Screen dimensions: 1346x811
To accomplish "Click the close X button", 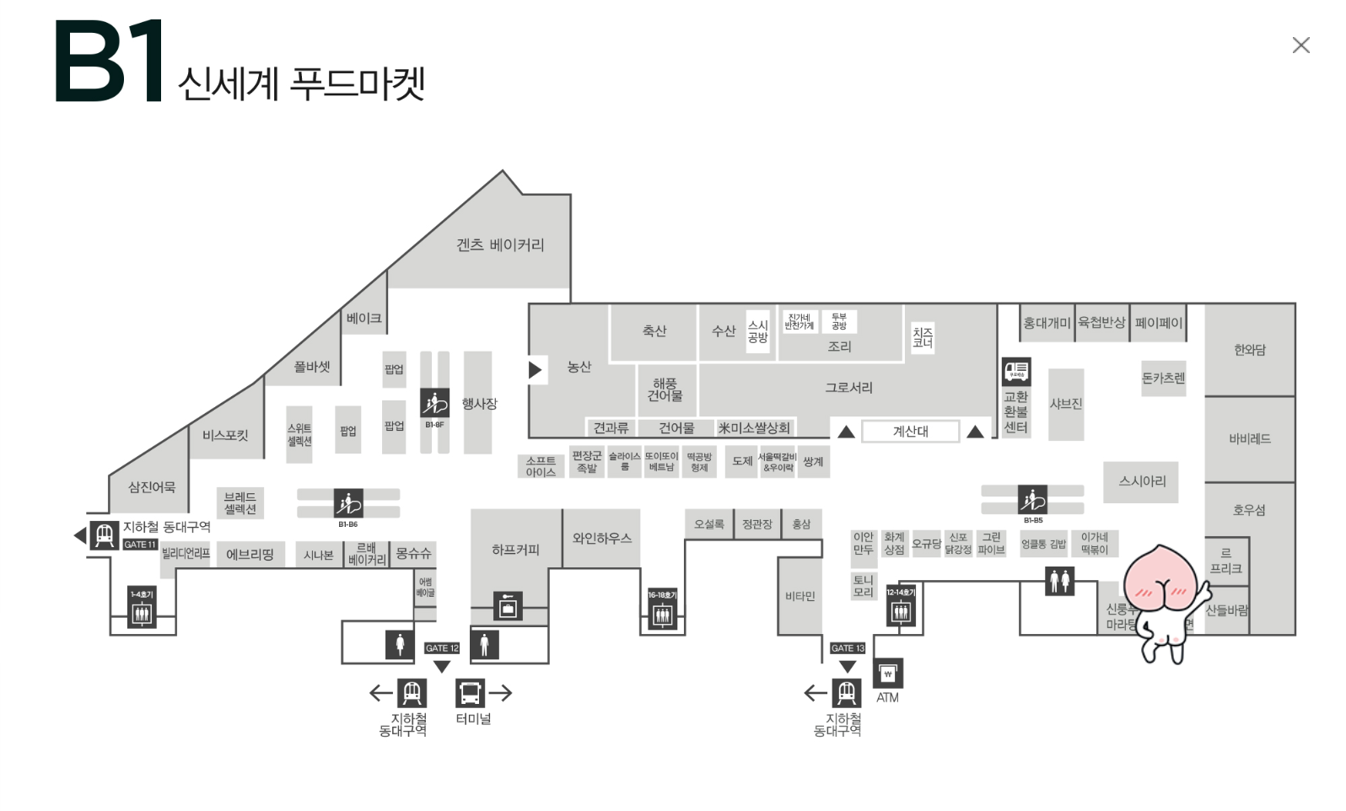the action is (x=1300, y=46).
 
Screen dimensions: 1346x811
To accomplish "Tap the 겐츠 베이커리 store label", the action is (x=500, y=245).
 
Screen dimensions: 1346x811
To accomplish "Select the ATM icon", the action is (x=887, y=674).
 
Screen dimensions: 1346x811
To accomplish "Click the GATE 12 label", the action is (x=442, y=648).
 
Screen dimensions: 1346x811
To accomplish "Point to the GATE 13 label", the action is (x=848, y=648).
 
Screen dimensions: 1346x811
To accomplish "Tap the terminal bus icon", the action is (x=470, y=693).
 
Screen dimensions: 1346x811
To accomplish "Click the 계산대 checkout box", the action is (x=910, y=432).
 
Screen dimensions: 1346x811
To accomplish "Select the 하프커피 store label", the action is (x=515, y=550).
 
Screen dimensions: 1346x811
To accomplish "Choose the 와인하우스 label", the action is (x=601, y=538).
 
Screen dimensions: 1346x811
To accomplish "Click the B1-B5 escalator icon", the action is (x=1032, y=500).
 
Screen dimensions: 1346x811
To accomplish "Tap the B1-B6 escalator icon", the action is (x=348, y=503).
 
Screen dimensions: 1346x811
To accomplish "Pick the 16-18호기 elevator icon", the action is (x=663, y=615).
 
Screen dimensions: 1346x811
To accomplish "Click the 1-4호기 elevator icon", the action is (x=142, y=614).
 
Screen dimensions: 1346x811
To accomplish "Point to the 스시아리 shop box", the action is (x=1142, y=481).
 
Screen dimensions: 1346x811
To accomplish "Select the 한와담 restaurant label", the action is (x=1249, y=350).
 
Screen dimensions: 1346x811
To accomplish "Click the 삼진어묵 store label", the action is (x=152, y=487).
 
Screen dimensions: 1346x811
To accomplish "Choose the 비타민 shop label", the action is (x=800, y=597).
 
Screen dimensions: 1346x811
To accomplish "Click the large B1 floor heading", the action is (x=109, y=62).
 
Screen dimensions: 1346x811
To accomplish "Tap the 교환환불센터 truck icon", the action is (x=1015, y=371).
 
